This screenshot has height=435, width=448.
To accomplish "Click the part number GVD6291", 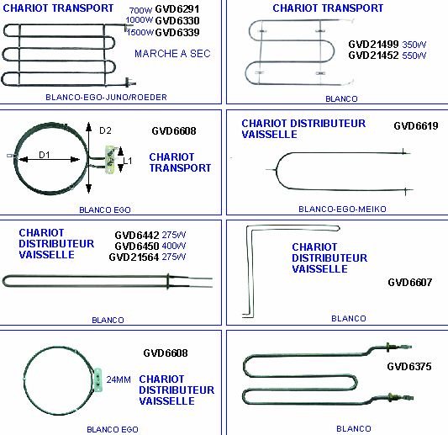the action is point(177,9).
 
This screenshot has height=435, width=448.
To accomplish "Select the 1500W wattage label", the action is point(140,32).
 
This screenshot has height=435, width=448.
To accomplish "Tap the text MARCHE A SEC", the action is point(172,54).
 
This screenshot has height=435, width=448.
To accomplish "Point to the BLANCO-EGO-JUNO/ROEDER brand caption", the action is point(106,98).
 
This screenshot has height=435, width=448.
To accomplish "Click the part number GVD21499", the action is point(373,45).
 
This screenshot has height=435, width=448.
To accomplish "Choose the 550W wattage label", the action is point(414,56).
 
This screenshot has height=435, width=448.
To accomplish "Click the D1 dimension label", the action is point(45,155).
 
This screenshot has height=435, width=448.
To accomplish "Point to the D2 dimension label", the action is point(105,130).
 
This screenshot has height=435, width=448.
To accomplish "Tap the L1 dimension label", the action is point(128,161).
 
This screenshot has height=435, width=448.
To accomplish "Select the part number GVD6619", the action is point(416,126).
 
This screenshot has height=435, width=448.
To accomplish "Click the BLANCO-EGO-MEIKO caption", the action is point(342,209).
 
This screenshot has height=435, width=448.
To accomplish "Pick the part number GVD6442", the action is point(137,236).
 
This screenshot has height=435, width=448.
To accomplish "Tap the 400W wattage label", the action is point(174,246).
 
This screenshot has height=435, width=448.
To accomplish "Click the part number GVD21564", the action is point(134,257).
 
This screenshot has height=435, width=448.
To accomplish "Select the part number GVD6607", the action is point(409,283).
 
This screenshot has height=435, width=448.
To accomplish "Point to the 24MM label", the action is point(119,379).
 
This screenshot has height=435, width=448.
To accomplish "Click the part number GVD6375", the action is point(409,367).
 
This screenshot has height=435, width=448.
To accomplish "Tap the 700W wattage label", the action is point(140,11).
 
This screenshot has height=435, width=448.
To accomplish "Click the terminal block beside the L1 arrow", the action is point(110,159).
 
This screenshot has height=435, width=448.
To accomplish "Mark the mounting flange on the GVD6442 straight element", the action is point(168,281).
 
